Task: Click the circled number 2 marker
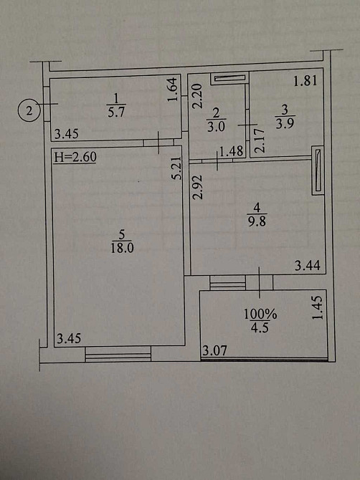pos(29,110)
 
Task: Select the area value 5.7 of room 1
pos(116,112)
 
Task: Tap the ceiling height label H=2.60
pos(75,157)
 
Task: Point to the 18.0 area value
pos(122,248)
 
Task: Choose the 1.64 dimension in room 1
pos(173,90)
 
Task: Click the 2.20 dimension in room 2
pos(197,96)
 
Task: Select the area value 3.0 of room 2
pos(216,126)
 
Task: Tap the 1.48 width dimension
pos(232,151)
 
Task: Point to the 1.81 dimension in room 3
pos(305,81)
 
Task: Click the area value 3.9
pos(285,124)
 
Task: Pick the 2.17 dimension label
pos(259,141)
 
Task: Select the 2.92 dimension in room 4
pos(198,187)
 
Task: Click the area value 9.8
pos(257,221)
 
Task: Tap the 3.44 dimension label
pos(308,266)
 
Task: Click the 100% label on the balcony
pos(260,314)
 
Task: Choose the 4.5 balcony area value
pos(260,327)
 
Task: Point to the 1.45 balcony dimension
pos(318,307)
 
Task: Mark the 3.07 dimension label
pos(214,350)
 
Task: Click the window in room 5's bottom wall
pos(118,354)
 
